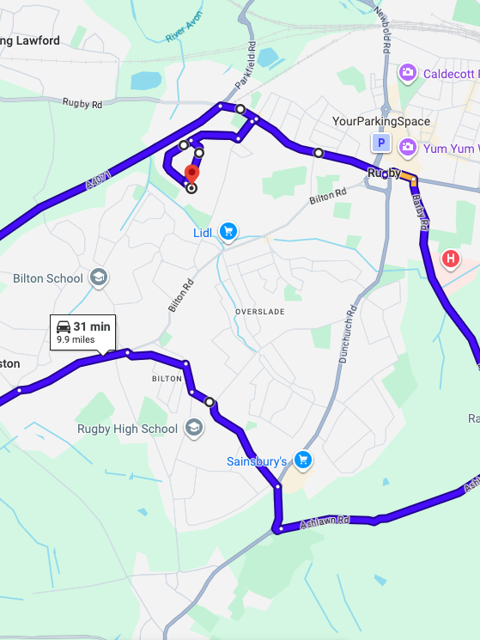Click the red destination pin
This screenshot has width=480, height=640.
click(191, 174)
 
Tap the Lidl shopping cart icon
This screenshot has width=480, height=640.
click(228, 231)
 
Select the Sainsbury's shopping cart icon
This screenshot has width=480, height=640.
click(302, 461)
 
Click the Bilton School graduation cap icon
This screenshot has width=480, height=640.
click(99, 277)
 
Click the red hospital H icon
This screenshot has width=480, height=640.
click(450, 259)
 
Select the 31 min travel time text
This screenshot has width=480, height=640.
click(92, 326)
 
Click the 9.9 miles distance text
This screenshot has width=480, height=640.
click(76, 339)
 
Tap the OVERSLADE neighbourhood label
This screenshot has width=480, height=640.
click(259, 310)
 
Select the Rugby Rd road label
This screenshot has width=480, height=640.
click(82, 103)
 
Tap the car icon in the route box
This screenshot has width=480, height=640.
click(64, 326)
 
